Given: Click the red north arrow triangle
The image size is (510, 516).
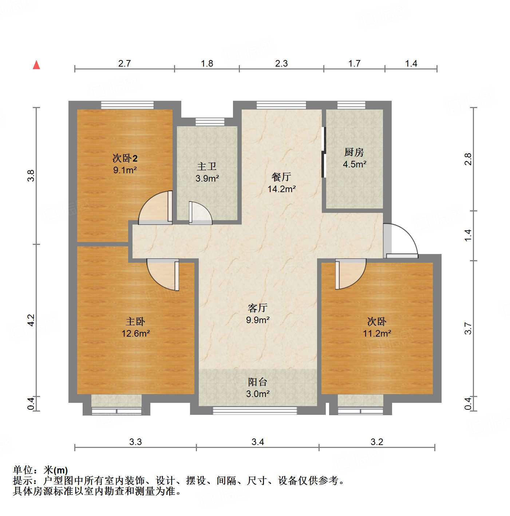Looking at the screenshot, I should click(x=36, y=65).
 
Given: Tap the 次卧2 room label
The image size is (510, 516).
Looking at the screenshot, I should click(x=124, y=158).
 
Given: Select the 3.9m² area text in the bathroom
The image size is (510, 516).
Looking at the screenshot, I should click(x=207, y=179).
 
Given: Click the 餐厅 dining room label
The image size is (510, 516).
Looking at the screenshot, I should click(x=281, y=177).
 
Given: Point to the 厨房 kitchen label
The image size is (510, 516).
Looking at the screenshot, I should click(x=354, y=152).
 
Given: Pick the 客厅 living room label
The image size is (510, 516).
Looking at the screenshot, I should click(x=258, y=308).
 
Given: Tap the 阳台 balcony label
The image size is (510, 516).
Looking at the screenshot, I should click(x=258, y=382).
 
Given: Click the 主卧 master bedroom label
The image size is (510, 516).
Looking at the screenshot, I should click(x=135, y=321).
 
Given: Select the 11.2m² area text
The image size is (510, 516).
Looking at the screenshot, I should click(x=377, y=333).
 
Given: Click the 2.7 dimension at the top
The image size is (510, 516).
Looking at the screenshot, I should click(x=124, y=64).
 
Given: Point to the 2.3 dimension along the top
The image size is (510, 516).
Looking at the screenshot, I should click(x=281, y=64).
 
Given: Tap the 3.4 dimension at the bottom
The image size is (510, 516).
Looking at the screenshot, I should click(x=258, y=442).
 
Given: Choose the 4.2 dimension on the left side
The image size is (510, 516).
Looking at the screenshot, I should click(x=31, y=320).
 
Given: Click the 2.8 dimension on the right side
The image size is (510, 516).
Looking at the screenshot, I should click(x=468, y=159).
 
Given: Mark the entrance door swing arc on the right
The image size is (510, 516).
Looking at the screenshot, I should click(x=402, y=238).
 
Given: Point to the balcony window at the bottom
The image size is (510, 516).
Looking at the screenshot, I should click(x=255, y=410).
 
